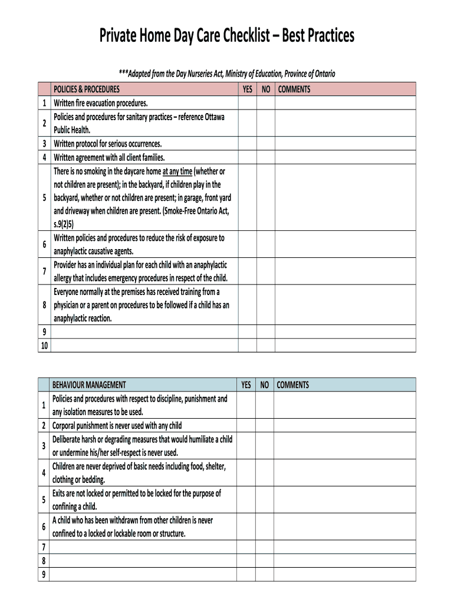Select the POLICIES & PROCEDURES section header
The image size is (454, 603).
87,90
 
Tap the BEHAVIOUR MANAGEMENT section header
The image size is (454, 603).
89,385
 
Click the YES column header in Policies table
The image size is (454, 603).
248,90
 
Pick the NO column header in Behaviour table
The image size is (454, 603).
265,385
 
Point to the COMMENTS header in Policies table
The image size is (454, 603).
294,90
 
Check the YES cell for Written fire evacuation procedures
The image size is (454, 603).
248,103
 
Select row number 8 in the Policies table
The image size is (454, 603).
45,306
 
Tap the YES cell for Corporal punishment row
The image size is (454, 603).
246,426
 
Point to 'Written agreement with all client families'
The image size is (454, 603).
110,157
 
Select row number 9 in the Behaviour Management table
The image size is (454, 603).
44,575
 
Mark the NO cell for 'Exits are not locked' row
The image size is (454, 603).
265,500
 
